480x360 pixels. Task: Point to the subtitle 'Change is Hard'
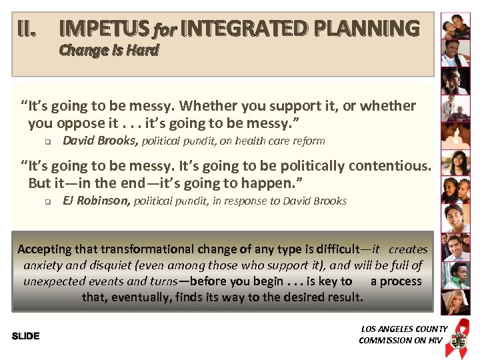coord(109,50)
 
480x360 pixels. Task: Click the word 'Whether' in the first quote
coord(206,105)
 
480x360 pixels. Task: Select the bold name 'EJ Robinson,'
coord(96,201)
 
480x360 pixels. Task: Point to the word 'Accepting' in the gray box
coord(44,249)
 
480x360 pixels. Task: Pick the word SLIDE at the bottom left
coord(26,336)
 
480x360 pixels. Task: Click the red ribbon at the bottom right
coord(459,331)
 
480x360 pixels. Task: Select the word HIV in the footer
coord(435,340)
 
